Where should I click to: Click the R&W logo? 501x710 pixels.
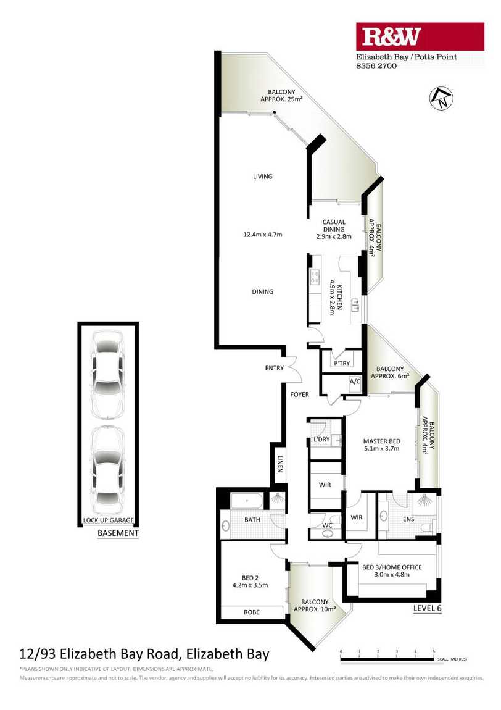point(420,36)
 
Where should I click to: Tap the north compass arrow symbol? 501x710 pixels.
point(441,98)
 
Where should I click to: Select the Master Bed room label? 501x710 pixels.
point(381,445)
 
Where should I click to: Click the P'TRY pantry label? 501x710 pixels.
point(342,363)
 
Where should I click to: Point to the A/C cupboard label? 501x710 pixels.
point(355,382)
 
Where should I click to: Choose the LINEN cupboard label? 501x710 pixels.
point(280,464)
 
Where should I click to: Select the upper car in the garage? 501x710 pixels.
point(107,375)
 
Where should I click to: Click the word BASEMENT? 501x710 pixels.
point(118,533)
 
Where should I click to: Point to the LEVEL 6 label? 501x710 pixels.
point(427,608)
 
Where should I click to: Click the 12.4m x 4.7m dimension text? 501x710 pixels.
point(262,235)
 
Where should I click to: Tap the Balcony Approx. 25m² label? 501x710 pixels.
point(281,96)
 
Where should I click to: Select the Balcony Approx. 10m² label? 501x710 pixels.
point(315,606)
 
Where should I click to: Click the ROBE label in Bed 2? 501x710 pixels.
point(252,612)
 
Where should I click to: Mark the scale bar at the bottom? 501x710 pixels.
point(387,659)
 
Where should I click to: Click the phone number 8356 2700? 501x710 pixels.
point(376,66)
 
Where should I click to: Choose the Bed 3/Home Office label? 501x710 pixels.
point(392,570)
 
